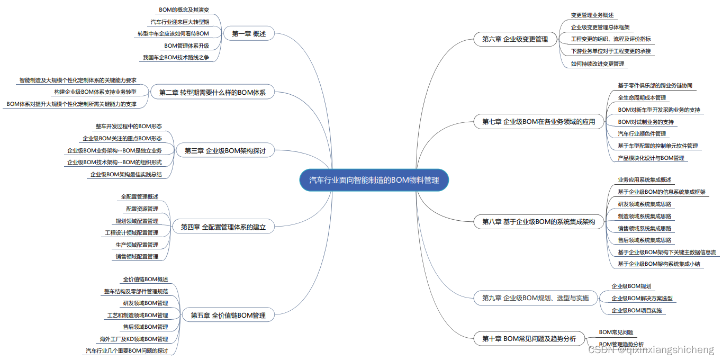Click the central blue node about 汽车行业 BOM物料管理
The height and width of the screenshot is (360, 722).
click(x=374, y=181)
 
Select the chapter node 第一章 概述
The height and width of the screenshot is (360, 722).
click(x=249, y=34)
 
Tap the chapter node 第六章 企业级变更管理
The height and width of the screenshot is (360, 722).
click(x=515, y=39)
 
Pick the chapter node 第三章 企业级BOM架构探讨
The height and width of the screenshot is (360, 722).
click(x=225, y=151)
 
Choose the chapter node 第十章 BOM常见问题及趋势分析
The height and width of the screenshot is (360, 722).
click(x=529, y=339)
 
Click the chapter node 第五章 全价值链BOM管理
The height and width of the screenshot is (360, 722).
click(x=228, y=316)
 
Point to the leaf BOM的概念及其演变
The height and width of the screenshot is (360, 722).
click(x=184, y=10)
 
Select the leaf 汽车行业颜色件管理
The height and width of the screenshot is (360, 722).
click(x=642, y=134)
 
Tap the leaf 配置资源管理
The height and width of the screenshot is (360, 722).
click(x=142, y=209)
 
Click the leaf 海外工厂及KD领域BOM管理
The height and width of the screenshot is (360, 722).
click(x=133, y=339)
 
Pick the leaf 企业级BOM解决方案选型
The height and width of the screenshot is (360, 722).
click(x=642, y=299)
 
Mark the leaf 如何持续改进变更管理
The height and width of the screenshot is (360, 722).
click(x=597, y=64)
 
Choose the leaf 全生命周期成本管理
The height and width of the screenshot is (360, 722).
click(x=642, y=98)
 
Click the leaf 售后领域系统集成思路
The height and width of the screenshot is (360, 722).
click(x=644, y=240)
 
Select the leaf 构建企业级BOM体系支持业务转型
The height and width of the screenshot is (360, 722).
click(x=95, y=92)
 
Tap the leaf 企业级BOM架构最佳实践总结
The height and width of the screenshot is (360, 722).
click(x=126, y=174)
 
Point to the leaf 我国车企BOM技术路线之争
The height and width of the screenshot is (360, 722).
click(x=176, y=57)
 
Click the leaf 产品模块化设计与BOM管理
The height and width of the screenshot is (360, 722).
click(x=651, y=158)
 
